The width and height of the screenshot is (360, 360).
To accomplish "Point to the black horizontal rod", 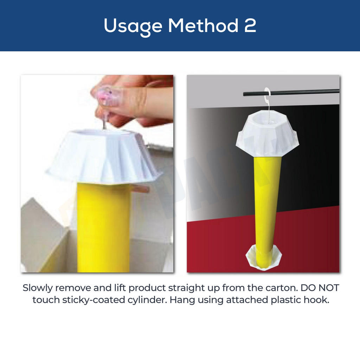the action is tap(291, 92).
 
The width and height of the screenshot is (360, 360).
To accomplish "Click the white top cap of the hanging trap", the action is tap(268, 133).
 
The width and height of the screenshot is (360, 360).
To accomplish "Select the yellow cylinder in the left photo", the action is tap(103, 227).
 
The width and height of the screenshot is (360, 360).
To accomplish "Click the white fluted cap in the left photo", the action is tap(104, 156).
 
